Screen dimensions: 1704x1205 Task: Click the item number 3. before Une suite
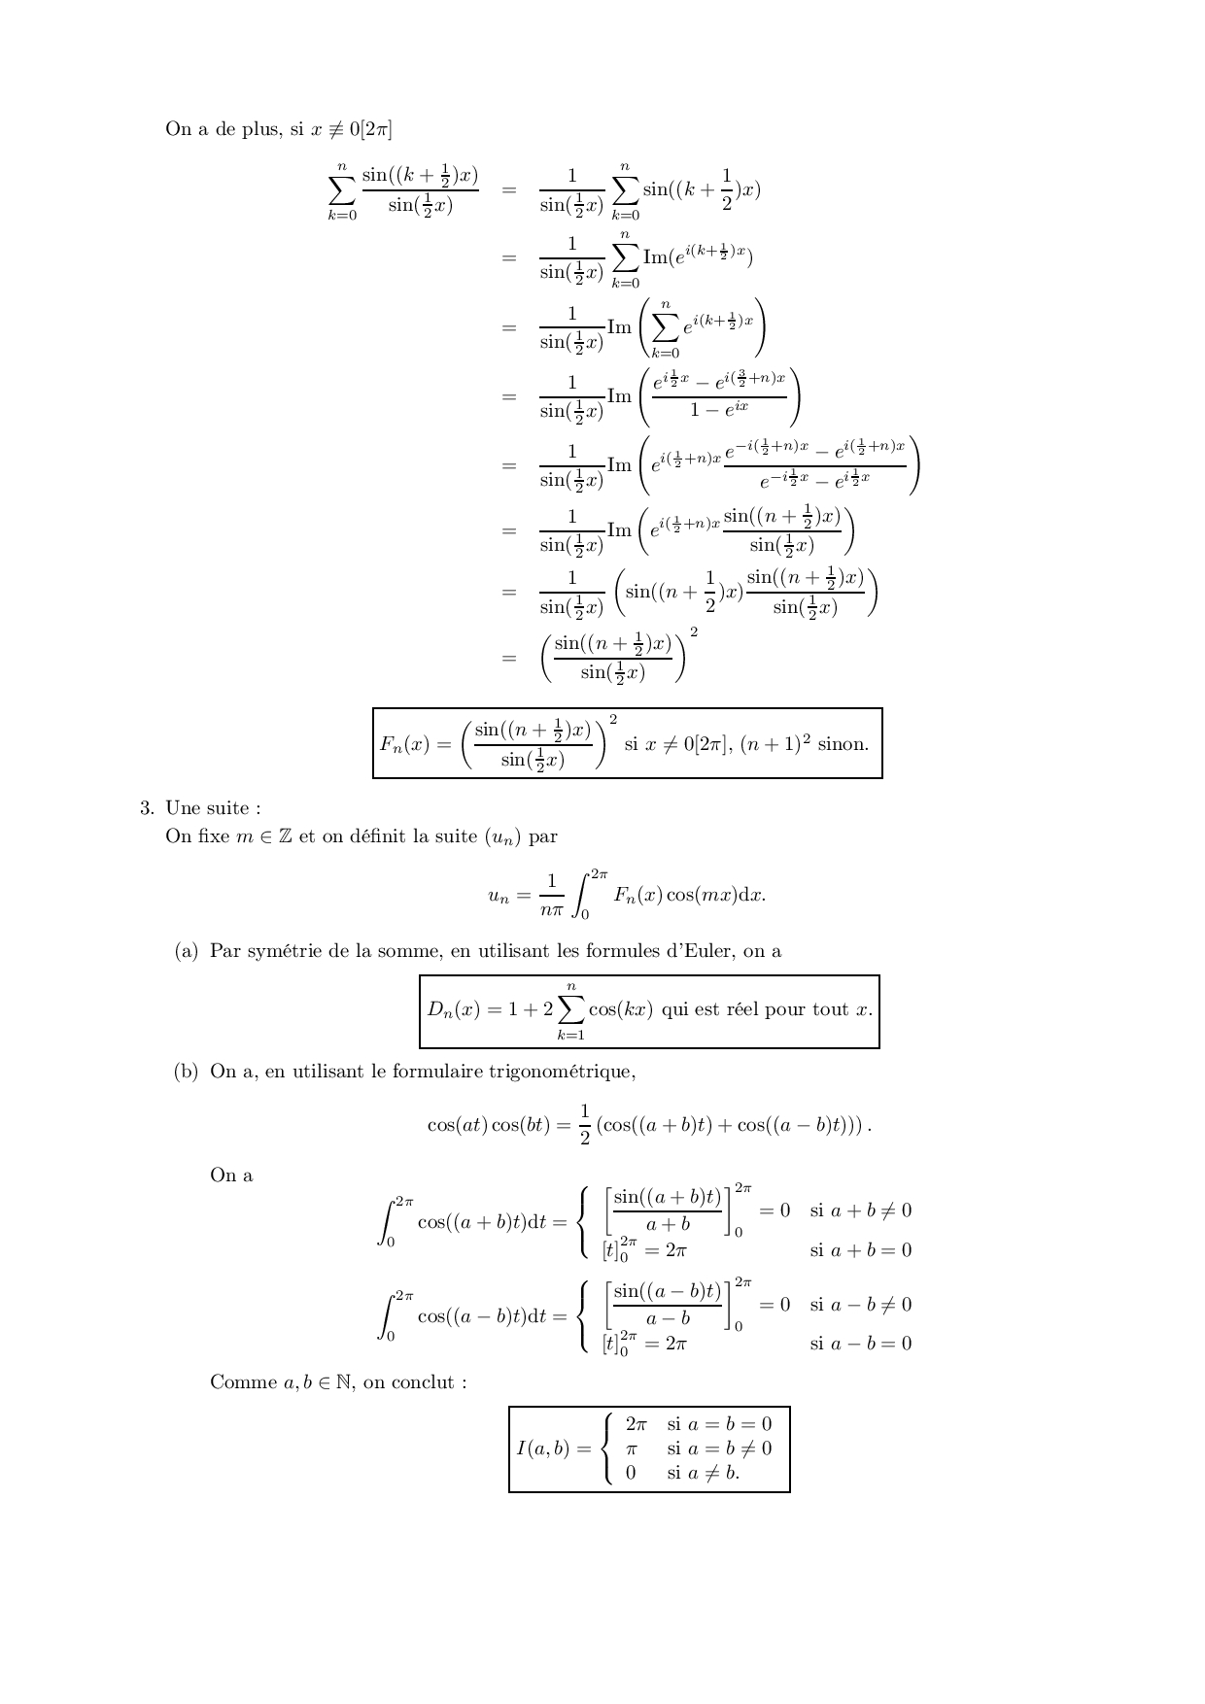click(x=147, y=808)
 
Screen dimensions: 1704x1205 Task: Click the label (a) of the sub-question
click(x=187, y=951)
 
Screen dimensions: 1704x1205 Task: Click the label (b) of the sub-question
click(x=187, y=1072)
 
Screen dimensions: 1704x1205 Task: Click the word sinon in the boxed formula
click(x=843, y=745)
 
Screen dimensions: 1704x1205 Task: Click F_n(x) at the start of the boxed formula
click(x=406, y=745)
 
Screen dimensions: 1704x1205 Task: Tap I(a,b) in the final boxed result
click(x=542, y=1448)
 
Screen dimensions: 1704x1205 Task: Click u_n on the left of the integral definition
click(x=499, y=896)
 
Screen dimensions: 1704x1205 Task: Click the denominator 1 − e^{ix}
click(x=719, y=410)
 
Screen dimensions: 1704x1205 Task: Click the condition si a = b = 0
click(x=719, y=1424)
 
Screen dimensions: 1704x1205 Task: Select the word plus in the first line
click(x=260, y=129)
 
